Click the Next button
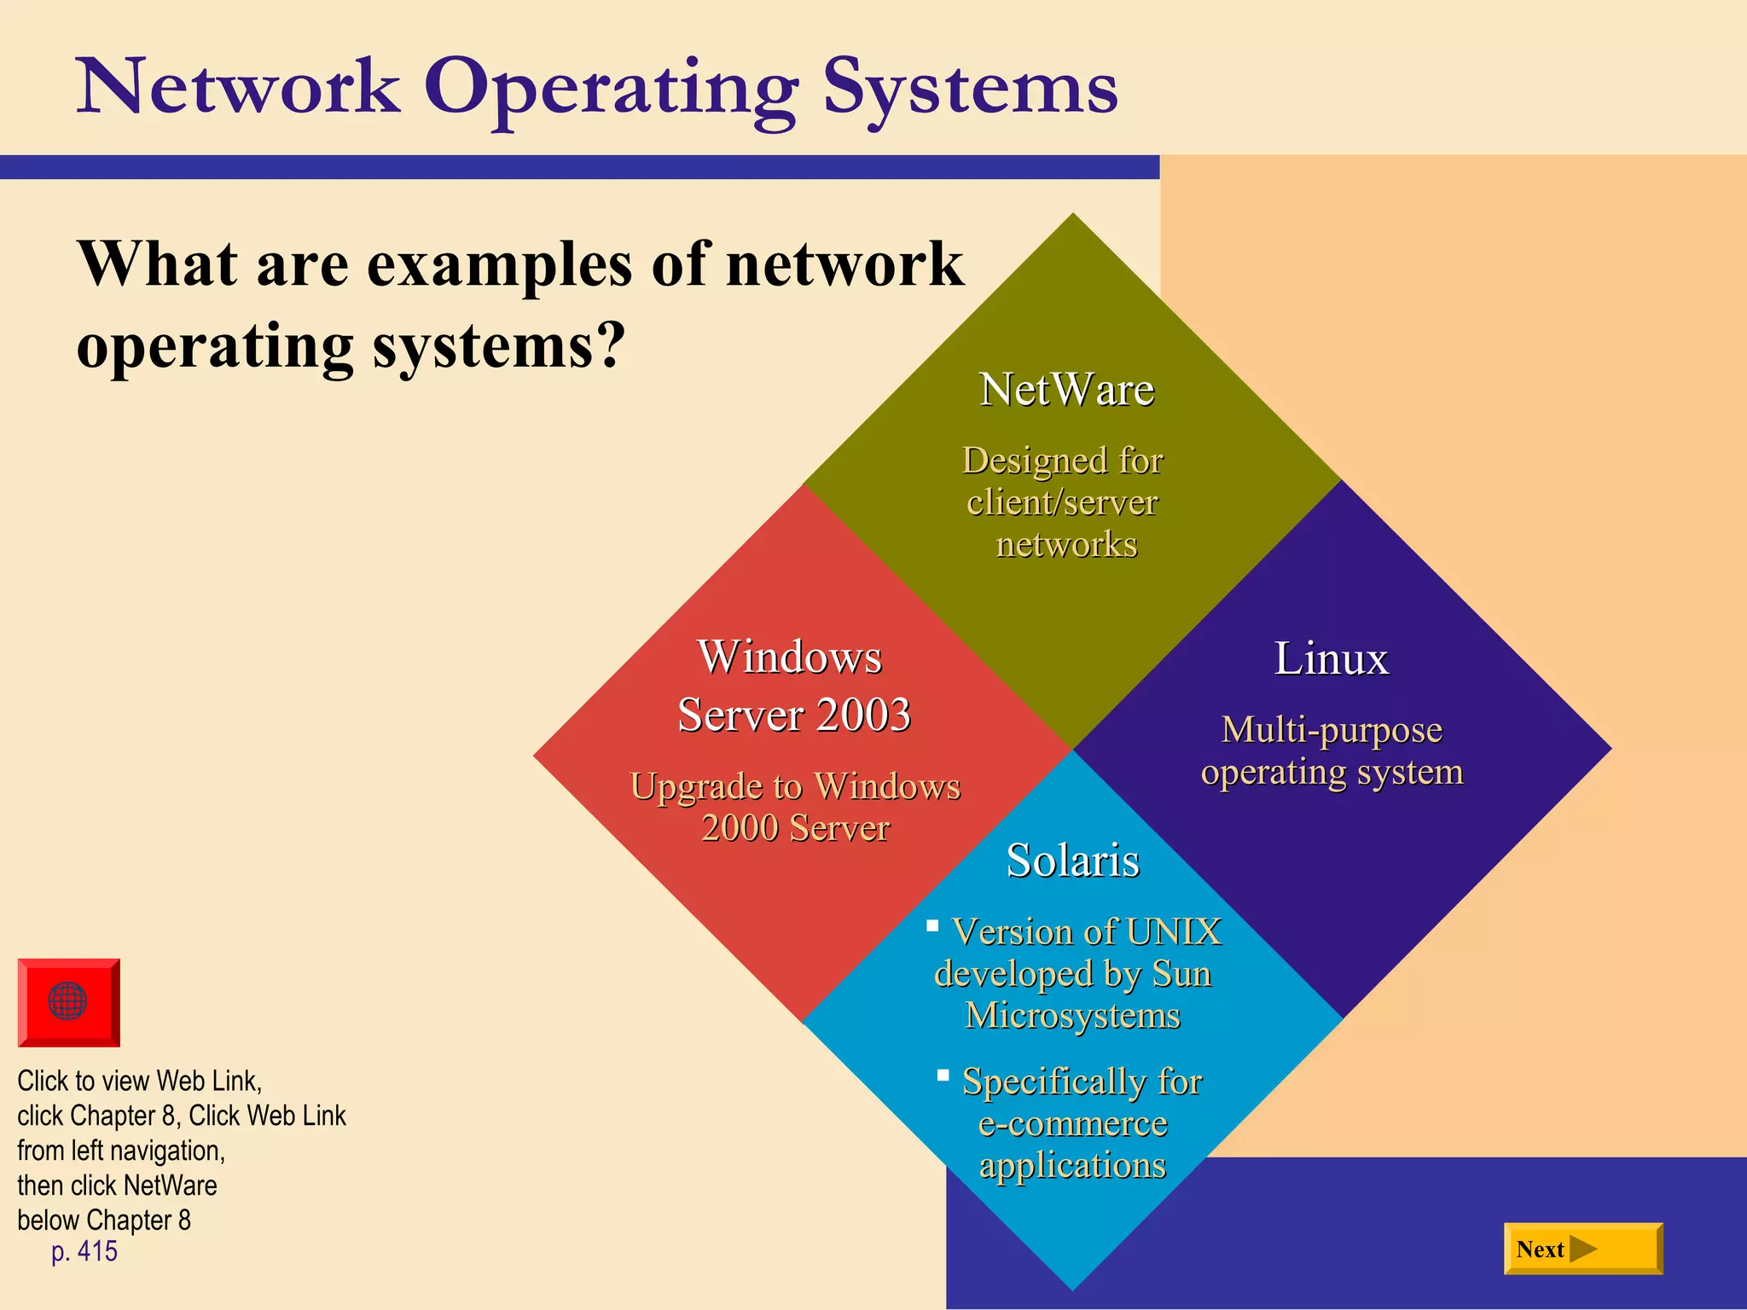[1582, 1249]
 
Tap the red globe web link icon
[68, 1002]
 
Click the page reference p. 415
[84, 1252]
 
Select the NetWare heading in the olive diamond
[1066, 390]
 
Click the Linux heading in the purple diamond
[1331, 658]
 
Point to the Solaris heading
[1072, 860]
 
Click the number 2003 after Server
[863, 715]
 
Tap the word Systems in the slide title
[970, 87]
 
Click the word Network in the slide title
[238, 87]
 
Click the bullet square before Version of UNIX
[932, 925]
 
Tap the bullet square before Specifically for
[943, 1075]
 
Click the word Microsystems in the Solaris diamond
[1072, 1016]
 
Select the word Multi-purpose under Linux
[1332, 731]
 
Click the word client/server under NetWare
[1062, 502]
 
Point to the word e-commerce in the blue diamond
[1072, 1123]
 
